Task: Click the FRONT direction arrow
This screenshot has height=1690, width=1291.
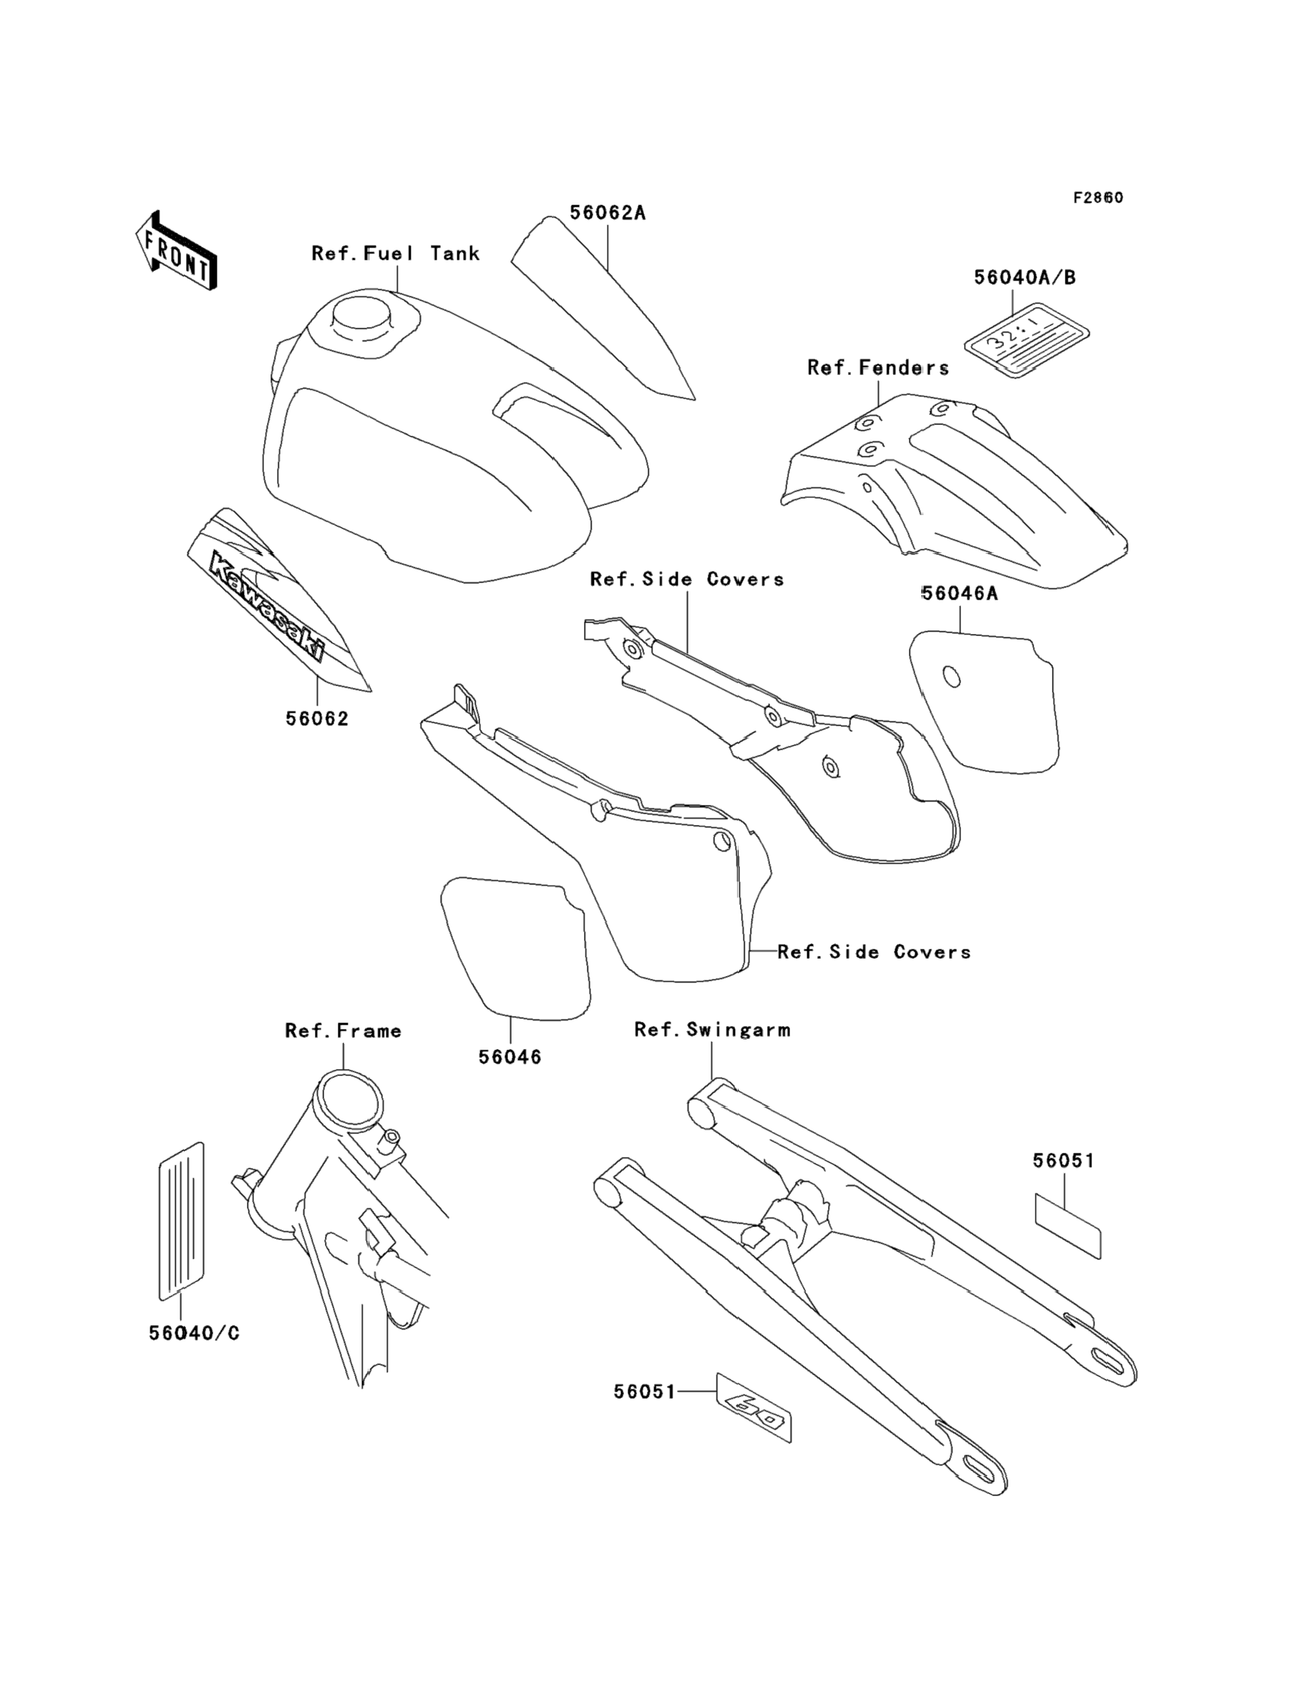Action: (176, 250)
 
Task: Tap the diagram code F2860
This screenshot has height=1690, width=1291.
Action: (1098, 197)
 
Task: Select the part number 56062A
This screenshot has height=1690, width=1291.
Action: (607, 213)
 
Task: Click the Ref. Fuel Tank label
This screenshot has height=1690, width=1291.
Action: (395, 253)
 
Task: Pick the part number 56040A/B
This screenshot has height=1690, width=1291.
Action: (1024, 278)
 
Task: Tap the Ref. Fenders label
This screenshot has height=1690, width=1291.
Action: (877, 368)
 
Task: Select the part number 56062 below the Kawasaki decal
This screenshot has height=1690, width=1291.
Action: (316, 719)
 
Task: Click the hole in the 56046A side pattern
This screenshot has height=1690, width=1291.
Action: (951, 678)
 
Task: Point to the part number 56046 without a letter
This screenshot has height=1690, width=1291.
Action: (510, 1057)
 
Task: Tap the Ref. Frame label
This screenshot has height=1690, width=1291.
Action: (343, 1030)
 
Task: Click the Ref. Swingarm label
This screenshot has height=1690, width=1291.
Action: (711, 1030)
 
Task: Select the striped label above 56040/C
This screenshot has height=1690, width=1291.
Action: (181, 1220)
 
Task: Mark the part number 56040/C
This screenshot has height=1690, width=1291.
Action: (194, 1333)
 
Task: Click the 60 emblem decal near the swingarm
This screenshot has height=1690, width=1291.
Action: (754, 1407)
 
